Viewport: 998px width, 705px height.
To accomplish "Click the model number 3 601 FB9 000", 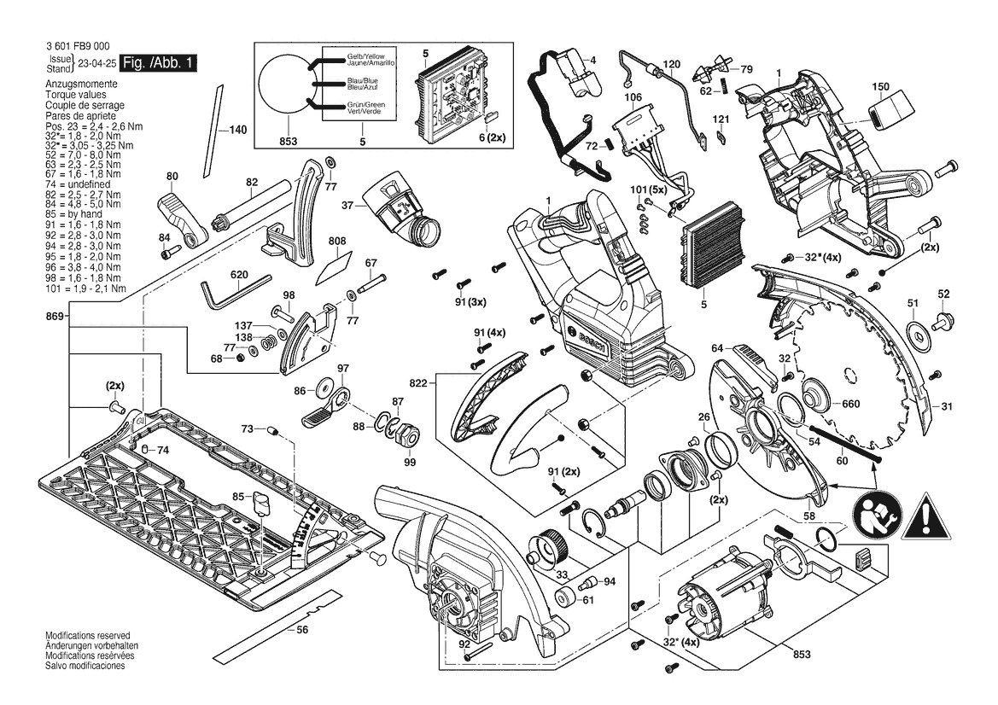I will point(73,46).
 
